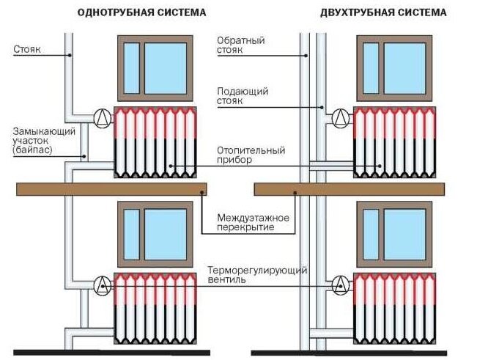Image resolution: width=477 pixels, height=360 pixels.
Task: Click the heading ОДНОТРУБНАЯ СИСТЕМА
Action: (141, 12)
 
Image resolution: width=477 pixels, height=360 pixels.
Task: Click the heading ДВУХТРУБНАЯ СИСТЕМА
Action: (383, 12)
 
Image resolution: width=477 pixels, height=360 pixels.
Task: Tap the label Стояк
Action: (27, 49)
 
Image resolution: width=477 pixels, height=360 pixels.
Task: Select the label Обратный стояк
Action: (240, 45)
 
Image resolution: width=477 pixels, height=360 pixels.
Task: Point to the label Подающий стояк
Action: (243, 96)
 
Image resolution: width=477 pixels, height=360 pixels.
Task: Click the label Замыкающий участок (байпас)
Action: (44, 141)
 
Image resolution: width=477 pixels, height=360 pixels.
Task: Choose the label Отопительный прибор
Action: (251, 155)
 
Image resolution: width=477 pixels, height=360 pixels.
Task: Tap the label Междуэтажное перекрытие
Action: (253, 222)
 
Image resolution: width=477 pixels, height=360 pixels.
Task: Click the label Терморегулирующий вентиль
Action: (257, 275)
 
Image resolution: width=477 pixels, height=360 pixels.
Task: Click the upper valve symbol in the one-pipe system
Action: (103, 118)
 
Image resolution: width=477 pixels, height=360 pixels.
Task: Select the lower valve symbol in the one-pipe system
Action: (103, 286)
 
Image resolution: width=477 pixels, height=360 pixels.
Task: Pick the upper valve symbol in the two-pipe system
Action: (341, 118)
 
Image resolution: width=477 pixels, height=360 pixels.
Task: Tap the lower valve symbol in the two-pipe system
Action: (341, 285)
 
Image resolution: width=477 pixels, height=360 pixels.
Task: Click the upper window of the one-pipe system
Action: (155, 68)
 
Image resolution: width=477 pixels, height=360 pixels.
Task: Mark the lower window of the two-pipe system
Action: (394, 235)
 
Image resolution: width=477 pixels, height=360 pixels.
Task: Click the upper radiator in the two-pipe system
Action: (394, 142)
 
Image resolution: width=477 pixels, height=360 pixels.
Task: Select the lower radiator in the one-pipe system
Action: (155, 308)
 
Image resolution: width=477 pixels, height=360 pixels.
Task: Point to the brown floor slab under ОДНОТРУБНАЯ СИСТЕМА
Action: (111, 189)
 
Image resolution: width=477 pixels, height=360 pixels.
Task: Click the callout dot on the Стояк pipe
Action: (70, 56)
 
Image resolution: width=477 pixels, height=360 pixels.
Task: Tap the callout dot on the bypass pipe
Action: (84, 157)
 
